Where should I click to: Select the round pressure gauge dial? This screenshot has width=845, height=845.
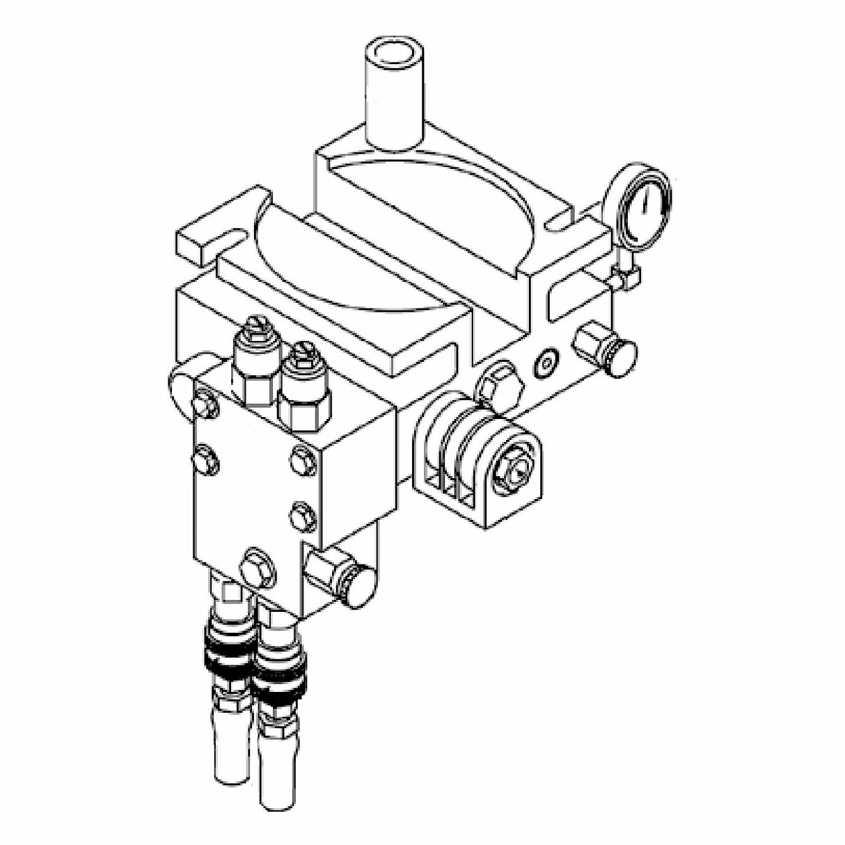click(636, 205)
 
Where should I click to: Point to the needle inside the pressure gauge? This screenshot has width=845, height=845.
click(643, 202)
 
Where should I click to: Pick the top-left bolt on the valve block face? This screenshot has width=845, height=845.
click(203, 404)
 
